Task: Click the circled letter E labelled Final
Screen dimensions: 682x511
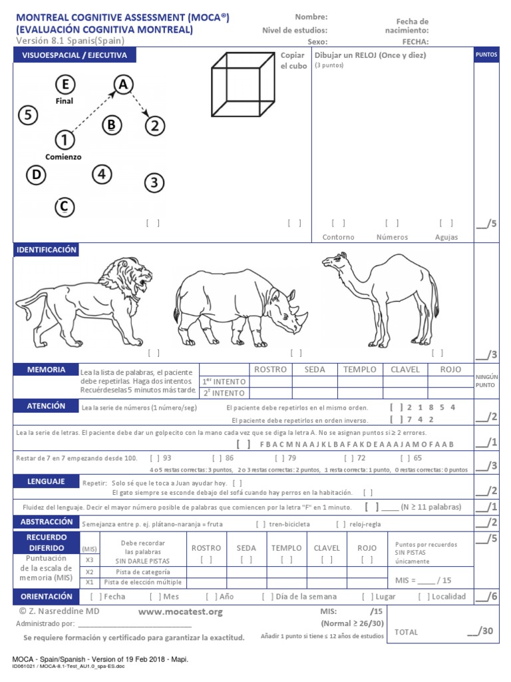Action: [65, 85]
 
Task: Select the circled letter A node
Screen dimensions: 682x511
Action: [122, 85]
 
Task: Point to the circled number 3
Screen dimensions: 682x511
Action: [154, 182]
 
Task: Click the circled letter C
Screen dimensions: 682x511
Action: [64, 207]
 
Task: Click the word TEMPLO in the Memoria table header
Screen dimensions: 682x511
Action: [359, 370]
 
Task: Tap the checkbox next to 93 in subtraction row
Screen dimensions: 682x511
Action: [154, 458]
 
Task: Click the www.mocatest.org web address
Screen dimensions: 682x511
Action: [180, 611]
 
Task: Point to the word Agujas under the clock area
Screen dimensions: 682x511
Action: [446, 237]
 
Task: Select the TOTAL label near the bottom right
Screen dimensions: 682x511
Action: [407, 632]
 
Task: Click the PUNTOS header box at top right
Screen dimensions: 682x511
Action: [486, 55]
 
